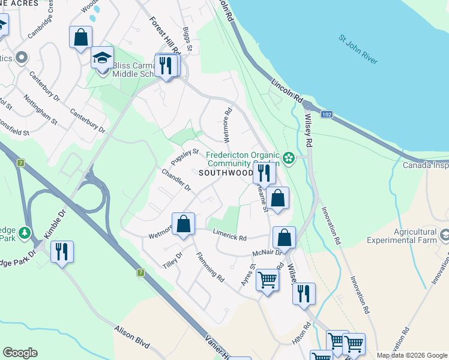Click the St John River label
359,47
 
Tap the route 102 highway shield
327,114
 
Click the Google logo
20,353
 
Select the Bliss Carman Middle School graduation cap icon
102,59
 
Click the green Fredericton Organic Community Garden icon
289,158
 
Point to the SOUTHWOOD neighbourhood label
226,173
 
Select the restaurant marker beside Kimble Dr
61,252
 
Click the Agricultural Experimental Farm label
414,237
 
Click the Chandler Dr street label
176,181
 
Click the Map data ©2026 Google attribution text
411,355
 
